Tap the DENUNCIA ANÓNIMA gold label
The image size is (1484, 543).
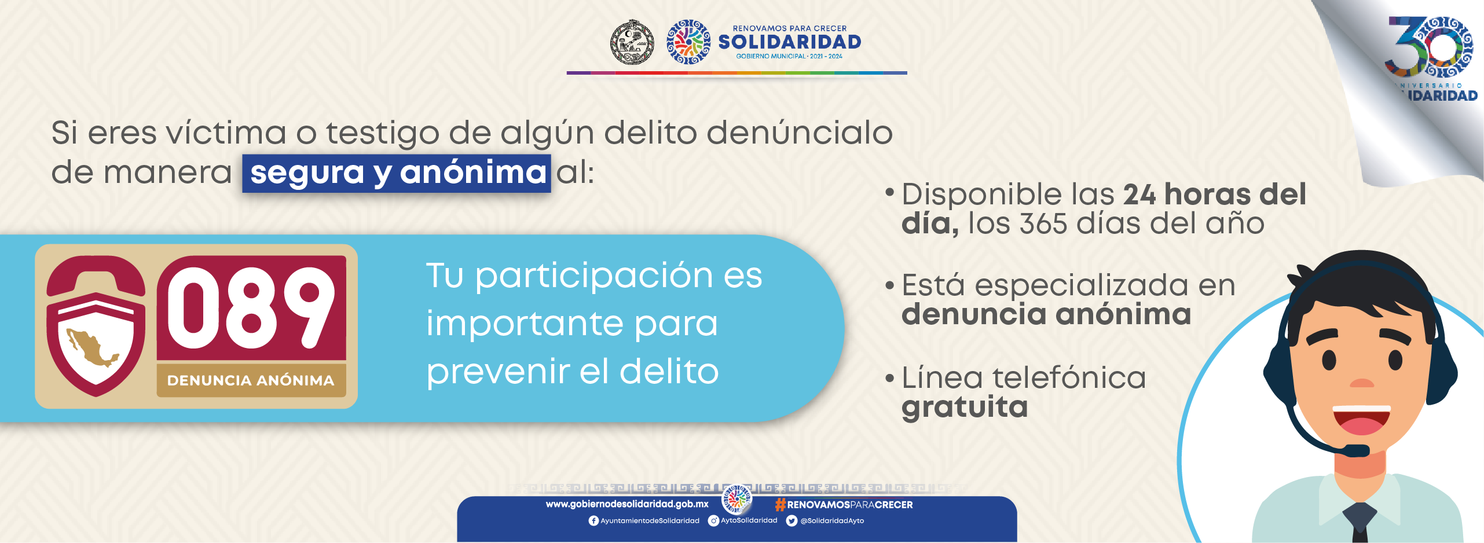point(251,380)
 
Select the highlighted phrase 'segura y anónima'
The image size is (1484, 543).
point(397,173)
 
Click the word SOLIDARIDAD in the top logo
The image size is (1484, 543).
point(790,42)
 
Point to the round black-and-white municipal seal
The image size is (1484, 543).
point(632,42)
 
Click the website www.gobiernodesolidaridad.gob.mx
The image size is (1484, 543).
point(627,504)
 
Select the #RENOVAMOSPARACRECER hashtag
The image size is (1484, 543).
point(844,505)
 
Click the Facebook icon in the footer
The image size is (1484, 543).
point(593,521)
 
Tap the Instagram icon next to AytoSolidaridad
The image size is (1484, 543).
point(714,521)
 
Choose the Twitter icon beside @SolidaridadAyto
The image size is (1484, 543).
point(792,521)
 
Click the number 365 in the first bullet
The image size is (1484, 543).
point(1043,223)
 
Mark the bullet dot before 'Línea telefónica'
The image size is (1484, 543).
point(890,379)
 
